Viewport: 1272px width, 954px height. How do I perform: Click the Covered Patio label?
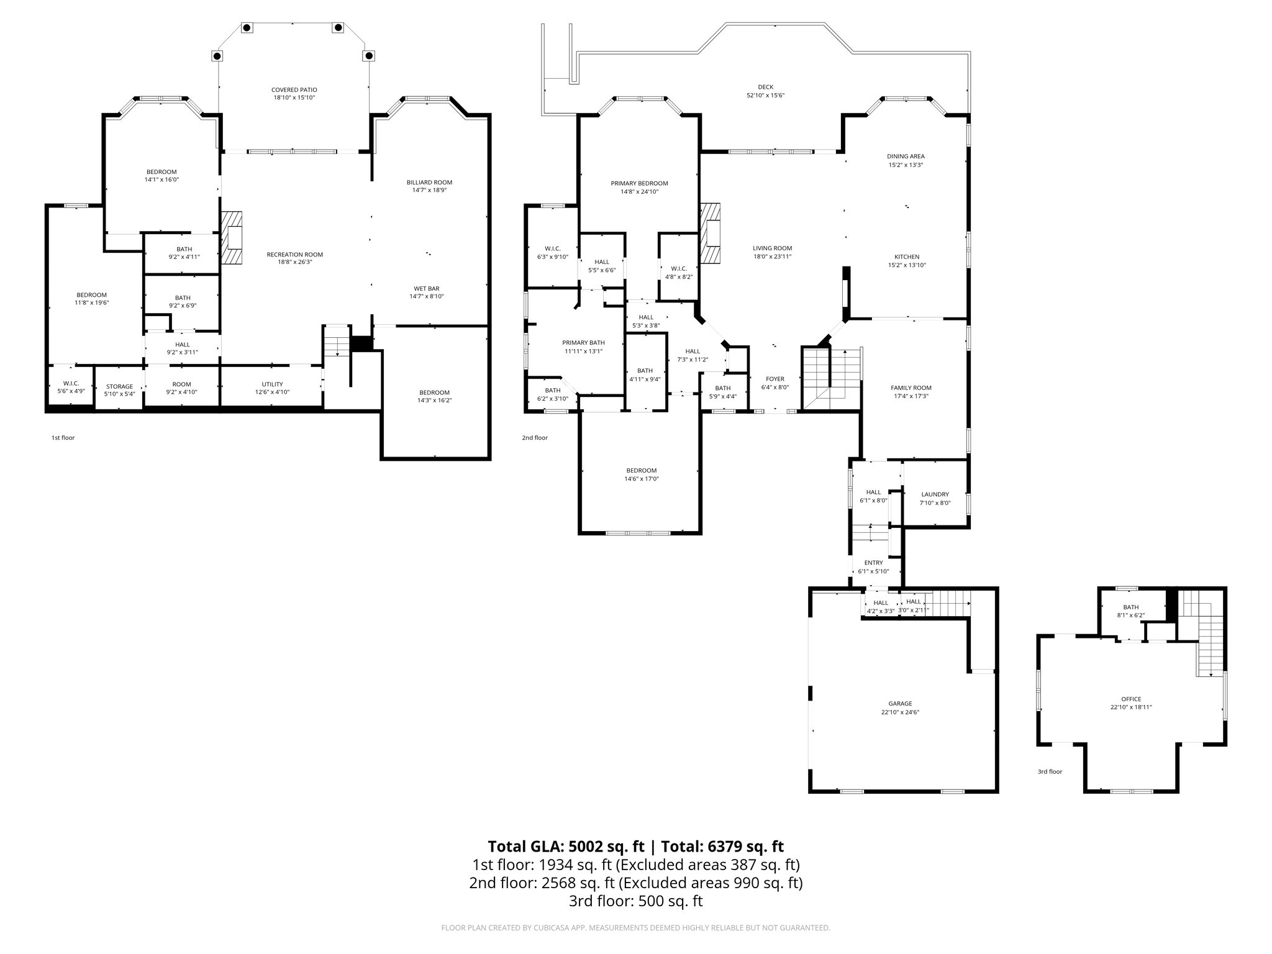point(294,90)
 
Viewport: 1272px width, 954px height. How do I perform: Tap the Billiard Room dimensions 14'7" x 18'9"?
point(429,190)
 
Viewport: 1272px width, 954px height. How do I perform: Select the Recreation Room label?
point(294,254)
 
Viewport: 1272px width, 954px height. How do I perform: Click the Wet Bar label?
point(426,288)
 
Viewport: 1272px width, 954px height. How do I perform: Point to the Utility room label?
point(272,384)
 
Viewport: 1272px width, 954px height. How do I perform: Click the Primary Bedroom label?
point(639,183)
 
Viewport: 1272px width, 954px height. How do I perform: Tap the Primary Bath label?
point(583,343)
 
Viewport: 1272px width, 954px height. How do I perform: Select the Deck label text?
point(765,88)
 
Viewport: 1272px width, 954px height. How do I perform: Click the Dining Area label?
point(906,157)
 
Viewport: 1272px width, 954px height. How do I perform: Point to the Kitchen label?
point(907,257)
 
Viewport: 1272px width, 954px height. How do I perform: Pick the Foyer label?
point(775,379)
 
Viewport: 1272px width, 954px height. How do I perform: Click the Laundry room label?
point(935,494)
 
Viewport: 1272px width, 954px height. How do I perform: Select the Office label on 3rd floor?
point(1130,699)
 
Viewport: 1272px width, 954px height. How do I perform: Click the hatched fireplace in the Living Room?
point(711,234)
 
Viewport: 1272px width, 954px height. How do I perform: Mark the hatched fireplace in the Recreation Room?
point(232,238)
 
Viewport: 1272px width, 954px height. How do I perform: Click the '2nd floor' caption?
point(534,438)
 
